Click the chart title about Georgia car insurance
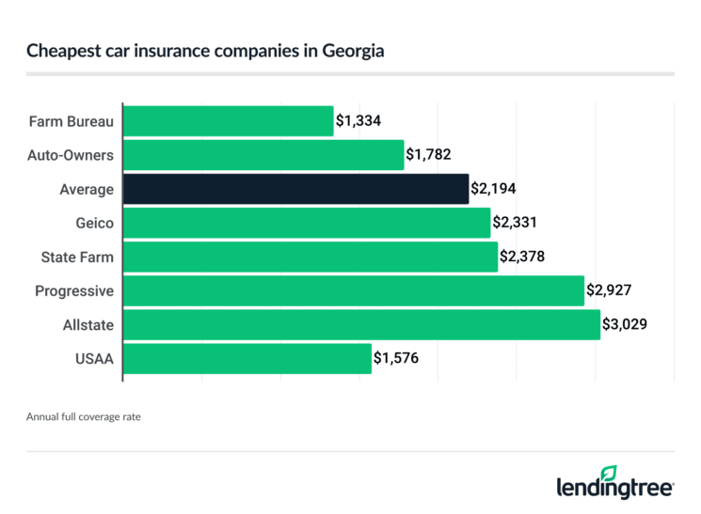click(x=205, y=51)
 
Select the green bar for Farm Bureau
click(x=229, y=121)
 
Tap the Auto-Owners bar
click(x=263, y=155)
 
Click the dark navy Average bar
click(x=296, y=189)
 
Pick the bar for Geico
click(x=307, y=223)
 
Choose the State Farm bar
click(x=311, y=257)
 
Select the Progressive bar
click(x=354, y=290)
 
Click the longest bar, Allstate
click(x=362, y=324)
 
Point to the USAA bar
click(x=247, y=358)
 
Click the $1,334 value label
click(x=358, y=121)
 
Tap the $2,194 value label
click(x=494, y=189)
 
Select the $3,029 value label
click(x=625, y=324)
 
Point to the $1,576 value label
click(x=397, y=358)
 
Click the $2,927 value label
click(x=610, y=290)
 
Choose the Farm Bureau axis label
click(x=72, y=121)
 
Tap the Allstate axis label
click(x=88, y=324)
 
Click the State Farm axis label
click(x=77, y=257)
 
